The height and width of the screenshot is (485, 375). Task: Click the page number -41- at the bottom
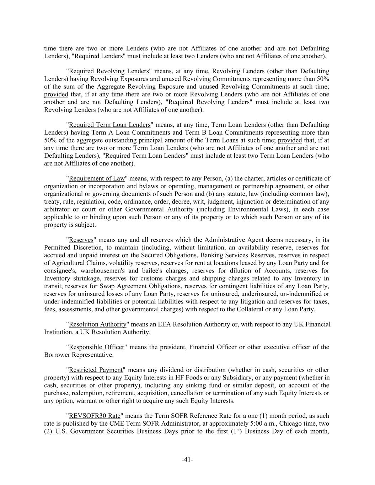[187, 459]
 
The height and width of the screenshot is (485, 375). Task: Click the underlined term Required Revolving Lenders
[109, 71]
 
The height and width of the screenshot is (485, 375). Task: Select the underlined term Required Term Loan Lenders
[110, 125]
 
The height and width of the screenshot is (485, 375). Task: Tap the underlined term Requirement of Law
[97, 178]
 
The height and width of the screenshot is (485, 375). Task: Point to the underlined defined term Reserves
[81, 240]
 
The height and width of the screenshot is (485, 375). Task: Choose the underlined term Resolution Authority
[97, 324]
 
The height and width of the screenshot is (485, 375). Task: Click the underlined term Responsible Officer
[96, 347]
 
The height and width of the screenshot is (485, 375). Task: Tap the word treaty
[52, 201]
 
